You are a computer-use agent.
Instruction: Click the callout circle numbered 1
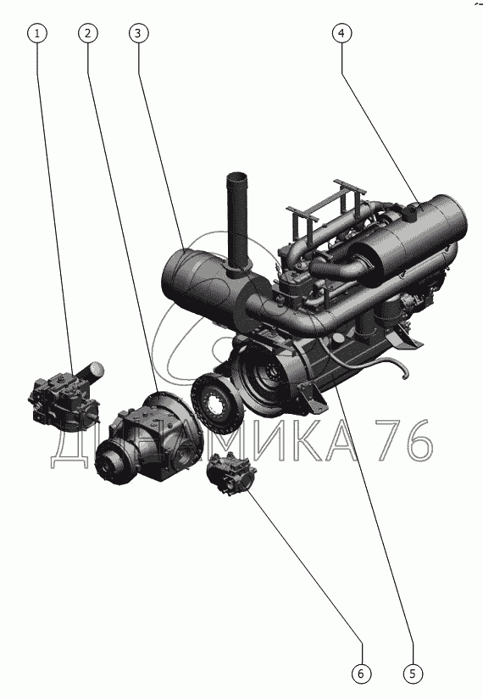pyautogui.click(x=37, y=33)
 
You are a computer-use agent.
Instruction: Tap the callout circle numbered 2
pyautogui.click(x=87, y=33)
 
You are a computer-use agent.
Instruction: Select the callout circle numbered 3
pyautogui.click(x=138, y=33)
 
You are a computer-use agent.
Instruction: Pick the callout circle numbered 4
pyautogui.click(x=341, y=33)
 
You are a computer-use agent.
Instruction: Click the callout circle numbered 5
pyautogui.click(x=413, y=673)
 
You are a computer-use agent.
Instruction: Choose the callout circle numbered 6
pyautogui.click(x=361, y=673)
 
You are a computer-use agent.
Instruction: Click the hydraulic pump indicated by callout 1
pyautogui.click(x=64, y=398)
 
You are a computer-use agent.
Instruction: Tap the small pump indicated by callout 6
pyautogui.click(x=231, y=474)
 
